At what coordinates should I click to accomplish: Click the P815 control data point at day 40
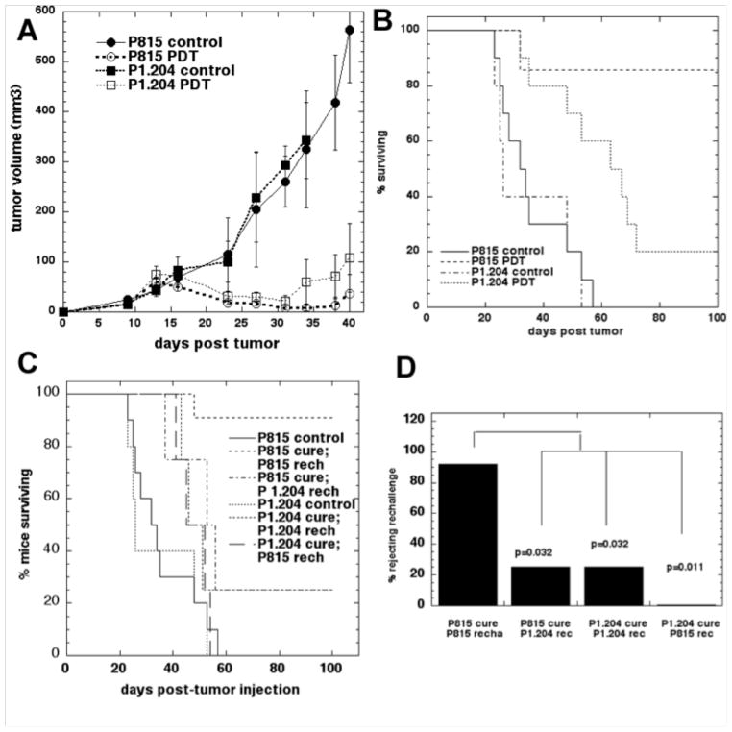click(349, 30)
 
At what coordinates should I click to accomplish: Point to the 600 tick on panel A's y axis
click(44, 11)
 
